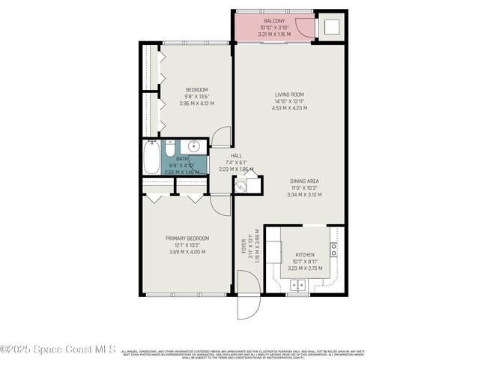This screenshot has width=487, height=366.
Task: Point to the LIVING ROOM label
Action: [289, 94]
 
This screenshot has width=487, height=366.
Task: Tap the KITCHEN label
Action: [305, 254]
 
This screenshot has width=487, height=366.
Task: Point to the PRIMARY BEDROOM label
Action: [187, 238]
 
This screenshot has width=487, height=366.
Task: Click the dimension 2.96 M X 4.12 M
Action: [196, 103]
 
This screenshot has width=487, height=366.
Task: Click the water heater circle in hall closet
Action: [241, 186]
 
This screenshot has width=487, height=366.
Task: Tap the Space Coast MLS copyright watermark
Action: [58, 349]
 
